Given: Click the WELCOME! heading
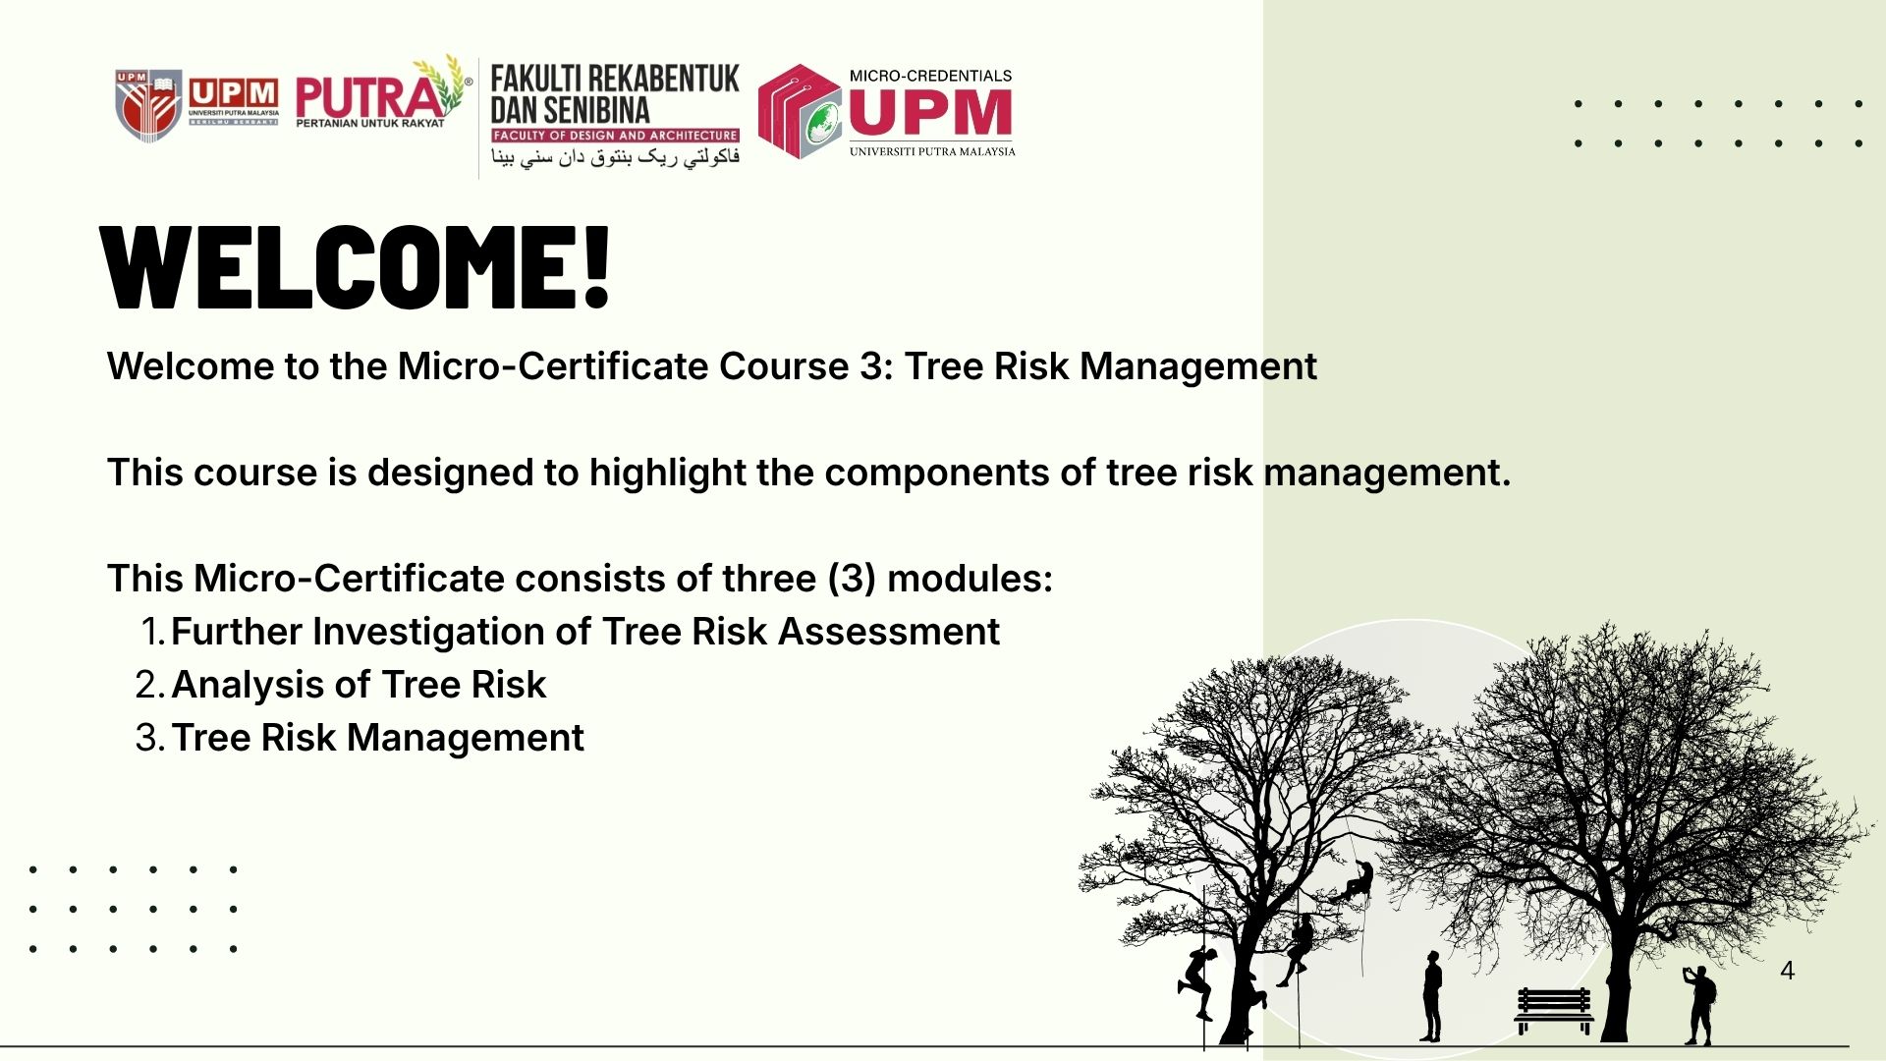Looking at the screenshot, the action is pos(356,268).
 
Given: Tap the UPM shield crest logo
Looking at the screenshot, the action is pos(148,105).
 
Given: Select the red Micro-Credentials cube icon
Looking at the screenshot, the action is pos(800,111).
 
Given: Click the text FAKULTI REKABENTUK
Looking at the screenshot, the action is pos(615,79).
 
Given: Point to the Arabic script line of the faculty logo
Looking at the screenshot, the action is pos(616,157).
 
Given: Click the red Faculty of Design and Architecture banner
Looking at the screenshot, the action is pos(616,135).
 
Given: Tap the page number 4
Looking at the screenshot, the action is pos(1787,971).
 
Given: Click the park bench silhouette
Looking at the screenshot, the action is pos(1553,1010).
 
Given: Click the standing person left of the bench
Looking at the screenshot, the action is pos(1432,996).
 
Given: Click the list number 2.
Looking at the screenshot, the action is pos(149,685).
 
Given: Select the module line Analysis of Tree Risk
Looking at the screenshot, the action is pos(359,685).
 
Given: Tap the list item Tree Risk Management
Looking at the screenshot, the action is pos(377,738).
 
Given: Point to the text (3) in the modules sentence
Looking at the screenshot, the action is pos(852,579).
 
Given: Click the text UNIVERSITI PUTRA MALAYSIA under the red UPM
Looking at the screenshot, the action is pos(932,151).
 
